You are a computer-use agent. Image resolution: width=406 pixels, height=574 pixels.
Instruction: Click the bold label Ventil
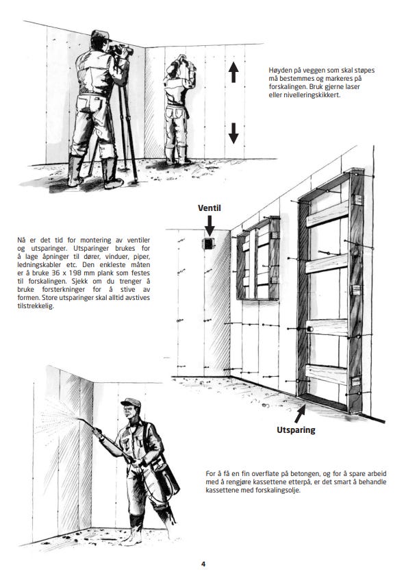point(210,208)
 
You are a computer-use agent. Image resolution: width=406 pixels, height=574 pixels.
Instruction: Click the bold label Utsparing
point(296,429)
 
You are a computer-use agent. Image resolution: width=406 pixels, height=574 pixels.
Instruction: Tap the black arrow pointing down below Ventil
point(210,226)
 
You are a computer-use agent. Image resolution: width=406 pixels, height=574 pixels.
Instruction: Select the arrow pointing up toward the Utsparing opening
point(300,412)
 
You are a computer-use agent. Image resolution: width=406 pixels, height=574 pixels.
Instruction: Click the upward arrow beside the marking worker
point(233,72)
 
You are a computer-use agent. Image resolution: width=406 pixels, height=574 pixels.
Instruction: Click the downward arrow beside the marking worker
point(233,133)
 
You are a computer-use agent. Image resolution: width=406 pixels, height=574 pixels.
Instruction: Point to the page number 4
point(203,564)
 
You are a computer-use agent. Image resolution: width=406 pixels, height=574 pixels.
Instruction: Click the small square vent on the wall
point(209,243)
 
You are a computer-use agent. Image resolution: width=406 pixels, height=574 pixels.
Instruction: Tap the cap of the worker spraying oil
point(131,403)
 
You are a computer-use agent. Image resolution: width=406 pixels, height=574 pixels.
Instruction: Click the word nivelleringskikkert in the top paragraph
point(309,95)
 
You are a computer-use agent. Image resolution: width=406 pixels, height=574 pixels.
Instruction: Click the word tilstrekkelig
point(36,306)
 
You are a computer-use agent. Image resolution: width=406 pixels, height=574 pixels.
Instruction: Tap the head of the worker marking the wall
point(181,62)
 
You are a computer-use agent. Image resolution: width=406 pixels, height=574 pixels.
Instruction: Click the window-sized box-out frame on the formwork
point(258,259)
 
